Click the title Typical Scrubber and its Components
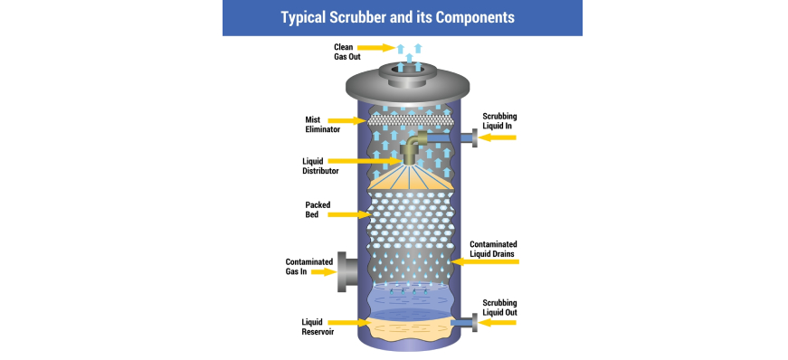pyautogui.click(x=397, y=17)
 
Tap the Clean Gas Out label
pyautogui.click(x=347, y=52)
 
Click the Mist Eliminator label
pyautogui.click(x=323, y=125)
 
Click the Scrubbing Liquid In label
pyautogui.click(x=499, y=121)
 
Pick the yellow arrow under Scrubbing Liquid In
pyautogui.click(x=497, y=137)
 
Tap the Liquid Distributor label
pyautogui.click(x=320, y=166)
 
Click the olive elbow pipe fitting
pyautogui.click(x=413, y=147)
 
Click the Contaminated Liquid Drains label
pyautogui.click(x=493, y=249)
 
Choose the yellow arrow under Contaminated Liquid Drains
pyautogui.click(x=484, y=261)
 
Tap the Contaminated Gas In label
pyautogui.click(x=309, y=267)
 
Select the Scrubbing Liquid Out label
pyautogui.click(x=499, y=308)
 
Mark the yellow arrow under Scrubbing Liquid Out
pyautogui.click(x=497, y=323)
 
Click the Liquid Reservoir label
pyautogui.click(x=318, y=327)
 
